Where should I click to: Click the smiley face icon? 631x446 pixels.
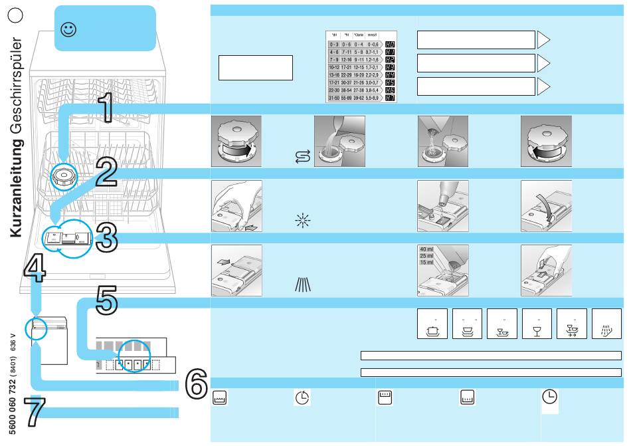(x=67, y=29)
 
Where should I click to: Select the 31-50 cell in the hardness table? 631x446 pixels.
(x=335, y=98)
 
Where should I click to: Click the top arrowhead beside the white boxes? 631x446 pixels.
(x=543, y=40)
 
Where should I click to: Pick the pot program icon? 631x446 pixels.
(x=432, y=324)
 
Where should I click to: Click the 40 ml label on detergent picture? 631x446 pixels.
(x=427, y=249)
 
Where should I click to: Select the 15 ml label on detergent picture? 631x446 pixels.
(x=427, y=263)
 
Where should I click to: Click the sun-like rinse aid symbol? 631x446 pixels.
(x=302, y=221)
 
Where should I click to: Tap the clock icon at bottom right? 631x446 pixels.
(x=549, y=397)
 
